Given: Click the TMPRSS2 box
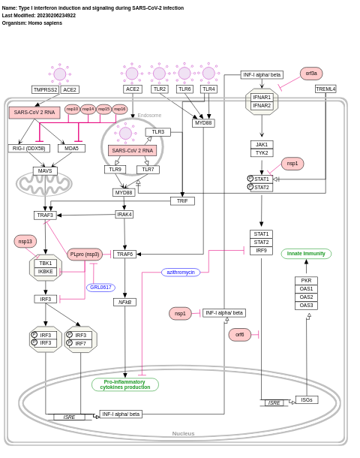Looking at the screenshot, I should tap(45, 89).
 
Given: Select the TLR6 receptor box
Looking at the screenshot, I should tap(184, 89).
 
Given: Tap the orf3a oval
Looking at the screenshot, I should tap(311, 74).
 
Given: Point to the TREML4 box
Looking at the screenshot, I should tap(325, 89).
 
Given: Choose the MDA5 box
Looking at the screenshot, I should tap(71, 149).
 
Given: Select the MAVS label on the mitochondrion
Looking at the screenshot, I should tap(45, 171).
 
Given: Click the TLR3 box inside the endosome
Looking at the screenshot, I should tap(157, 132).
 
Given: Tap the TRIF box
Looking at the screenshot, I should tap(182, 201).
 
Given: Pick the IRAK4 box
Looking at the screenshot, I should tap(124, 214).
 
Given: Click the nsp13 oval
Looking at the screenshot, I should tap(25, 241).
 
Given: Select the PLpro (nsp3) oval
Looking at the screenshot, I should tap(85, 255).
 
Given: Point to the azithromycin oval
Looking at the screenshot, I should tap(180, 272).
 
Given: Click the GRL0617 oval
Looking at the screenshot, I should tap(100, 288).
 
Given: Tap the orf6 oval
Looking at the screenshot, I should tap(240, 335).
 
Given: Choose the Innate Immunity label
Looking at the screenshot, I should tap(306, 254).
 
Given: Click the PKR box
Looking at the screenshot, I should tap(306, 281).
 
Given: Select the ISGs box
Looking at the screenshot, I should tap(307, 399).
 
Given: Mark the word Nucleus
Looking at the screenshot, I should tap(183, 433).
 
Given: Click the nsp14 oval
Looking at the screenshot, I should tap(88, 109).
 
